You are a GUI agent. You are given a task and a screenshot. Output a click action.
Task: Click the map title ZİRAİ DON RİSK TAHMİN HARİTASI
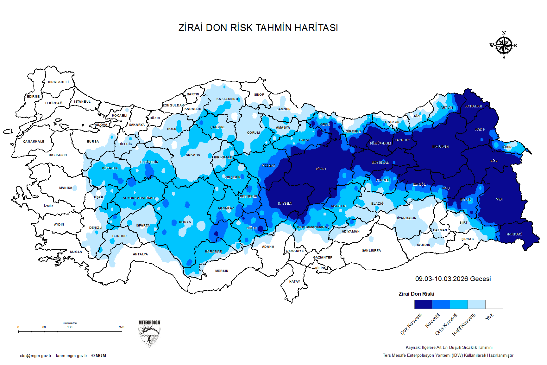258,28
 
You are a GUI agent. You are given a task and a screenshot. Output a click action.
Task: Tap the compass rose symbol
504,46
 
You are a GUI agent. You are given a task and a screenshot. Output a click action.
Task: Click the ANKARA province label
193,155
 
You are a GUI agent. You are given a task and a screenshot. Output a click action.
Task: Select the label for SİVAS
321,169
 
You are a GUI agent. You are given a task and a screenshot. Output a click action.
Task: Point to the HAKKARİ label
514,234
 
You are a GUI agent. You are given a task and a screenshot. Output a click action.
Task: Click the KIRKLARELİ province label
58,82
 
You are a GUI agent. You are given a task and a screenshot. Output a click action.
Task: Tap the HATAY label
294,282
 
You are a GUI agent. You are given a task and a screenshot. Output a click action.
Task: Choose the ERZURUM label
441,147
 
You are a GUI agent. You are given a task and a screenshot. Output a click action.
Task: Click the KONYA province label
185,222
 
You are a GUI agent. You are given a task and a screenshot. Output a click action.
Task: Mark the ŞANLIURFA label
371,251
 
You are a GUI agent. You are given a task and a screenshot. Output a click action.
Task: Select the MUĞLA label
76,252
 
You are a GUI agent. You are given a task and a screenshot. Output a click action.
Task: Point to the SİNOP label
259,95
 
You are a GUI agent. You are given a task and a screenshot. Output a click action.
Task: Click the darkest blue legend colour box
423,304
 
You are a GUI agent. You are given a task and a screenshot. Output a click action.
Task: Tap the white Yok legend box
494,304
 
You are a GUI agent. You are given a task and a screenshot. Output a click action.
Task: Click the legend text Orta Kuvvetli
446,324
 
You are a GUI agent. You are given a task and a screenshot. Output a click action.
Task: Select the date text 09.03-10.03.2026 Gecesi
453,279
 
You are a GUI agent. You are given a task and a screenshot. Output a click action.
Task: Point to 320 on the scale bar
122,327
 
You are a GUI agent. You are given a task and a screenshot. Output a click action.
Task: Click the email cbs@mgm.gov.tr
35,356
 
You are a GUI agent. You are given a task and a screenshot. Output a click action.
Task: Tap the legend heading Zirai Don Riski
416,294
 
